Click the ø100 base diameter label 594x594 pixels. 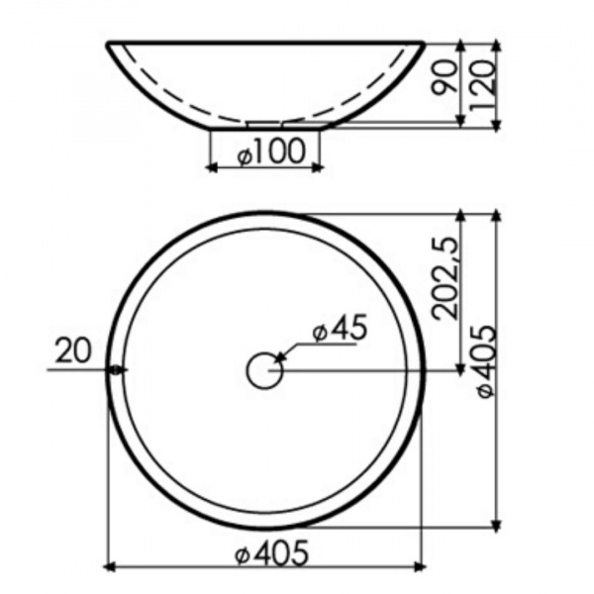271,151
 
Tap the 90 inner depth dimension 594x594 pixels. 444,77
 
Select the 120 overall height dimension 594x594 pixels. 482,86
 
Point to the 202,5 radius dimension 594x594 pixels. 445,278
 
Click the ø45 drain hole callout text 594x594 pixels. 340,329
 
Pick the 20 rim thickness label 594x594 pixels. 73,350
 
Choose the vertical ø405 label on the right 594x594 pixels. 486,361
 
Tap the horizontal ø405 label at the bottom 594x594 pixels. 271,553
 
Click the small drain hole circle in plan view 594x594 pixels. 264,370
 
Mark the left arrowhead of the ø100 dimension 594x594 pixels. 213,167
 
